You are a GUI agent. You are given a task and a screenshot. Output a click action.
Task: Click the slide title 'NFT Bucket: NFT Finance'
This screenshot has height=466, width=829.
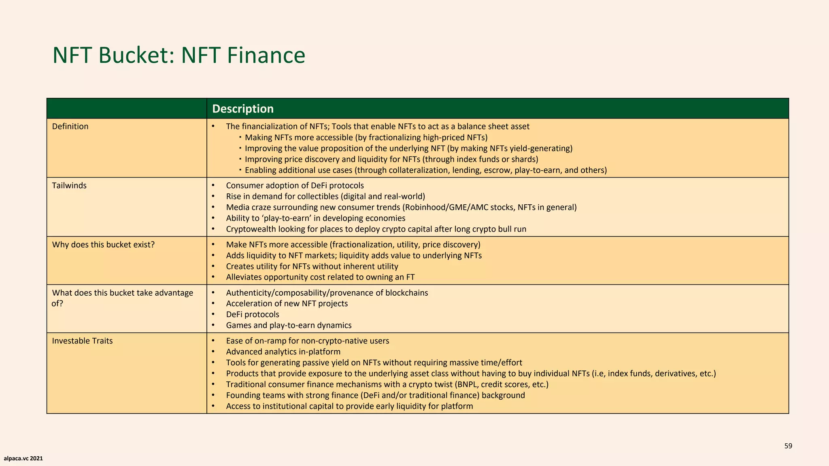click(x=179, y=55)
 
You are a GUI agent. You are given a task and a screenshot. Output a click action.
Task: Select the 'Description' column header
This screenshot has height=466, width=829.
click(x=243, y=109)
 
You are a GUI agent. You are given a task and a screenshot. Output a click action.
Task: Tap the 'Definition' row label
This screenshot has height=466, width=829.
click(x=70, y=127)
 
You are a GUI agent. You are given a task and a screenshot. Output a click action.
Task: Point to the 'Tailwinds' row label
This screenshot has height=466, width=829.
click(x=69, y=186)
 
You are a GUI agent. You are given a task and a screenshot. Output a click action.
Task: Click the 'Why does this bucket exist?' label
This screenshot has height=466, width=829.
click(x=103, y=245)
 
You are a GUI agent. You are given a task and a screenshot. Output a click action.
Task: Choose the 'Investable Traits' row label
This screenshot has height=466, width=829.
click(x=82, y=341)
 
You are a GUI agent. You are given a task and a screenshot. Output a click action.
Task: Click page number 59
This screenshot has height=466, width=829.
click(x=788, y=446)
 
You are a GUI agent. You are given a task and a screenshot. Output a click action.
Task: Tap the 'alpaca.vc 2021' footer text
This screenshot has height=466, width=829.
click(x=23, y=459)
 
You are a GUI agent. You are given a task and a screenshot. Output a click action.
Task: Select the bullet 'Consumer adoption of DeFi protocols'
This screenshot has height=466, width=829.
click(x=295, y=186)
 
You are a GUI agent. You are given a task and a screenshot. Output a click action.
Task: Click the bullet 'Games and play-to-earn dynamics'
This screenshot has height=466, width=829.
click(x=289, y=326)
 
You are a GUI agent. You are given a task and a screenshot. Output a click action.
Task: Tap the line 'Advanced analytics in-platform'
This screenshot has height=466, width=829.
click(x=283, y=352)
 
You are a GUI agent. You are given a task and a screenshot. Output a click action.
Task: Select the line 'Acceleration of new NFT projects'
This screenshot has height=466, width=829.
click(x=287, y=304)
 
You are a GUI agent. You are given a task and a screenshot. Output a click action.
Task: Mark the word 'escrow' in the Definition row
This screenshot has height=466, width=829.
click(x=498, y=170)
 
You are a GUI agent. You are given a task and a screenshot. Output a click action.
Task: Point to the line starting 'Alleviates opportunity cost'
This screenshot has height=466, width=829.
click(x=320, y=277)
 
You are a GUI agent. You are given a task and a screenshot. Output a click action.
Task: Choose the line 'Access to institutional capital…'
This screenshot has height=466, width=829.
click(x=349, y=407)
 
